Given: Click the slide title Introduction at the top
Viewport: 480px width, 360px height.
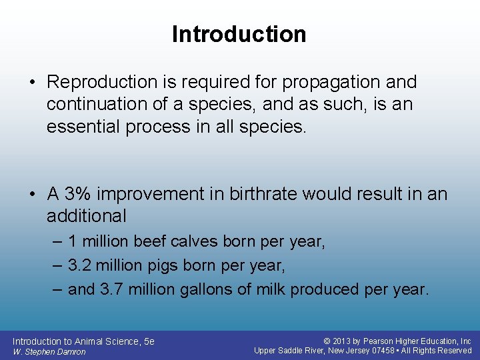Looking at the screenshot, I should (x=239, y=34).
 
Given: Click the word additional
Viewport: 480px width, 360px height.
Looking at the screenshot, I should (x=86, y=216).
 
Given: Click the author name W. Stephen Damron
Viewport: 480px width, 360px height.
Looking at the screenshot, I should (x=49, y=351).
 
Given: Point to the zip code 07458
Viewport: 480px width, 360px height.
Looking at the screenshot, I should (x=386, y=351).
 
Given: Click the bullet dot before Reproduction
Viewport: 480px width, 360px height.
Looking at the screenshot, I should (x=33, y=82).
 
